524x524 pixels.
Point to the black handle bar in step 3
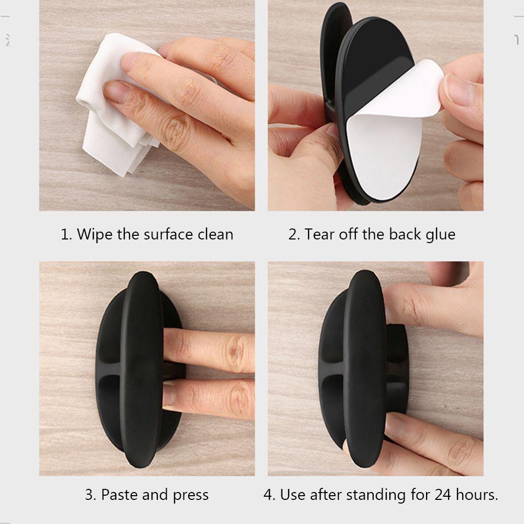[141, 369]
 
